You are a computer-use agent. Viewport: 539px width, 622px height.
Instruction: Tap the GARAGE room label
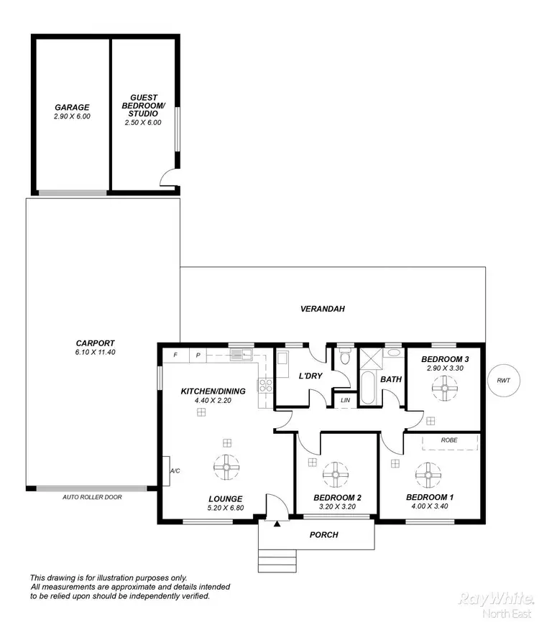(x=72, y=107)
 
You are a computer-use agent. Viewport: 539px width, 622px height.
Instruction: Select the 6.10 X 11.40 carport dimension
(x=96, y=353)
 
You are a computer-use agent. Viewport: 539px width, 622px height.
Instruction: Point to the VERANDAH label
(x=323, y=309)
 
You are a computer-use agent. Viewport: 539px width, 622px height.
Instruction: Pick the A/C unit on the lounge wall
(x=166, y=471)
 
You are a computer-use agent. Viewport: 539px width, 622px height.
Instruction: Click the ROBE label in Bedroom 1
(x=450, y=440)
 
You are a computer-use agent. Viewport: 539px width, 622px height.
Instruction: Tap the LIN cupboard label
(x=346, y=399)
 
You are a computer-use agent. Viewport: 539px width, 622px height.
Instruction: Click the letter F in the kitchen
(x=175, y=355)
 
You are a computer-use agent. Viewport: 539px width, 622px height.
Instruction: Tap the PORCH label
(x=323, y=534)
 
